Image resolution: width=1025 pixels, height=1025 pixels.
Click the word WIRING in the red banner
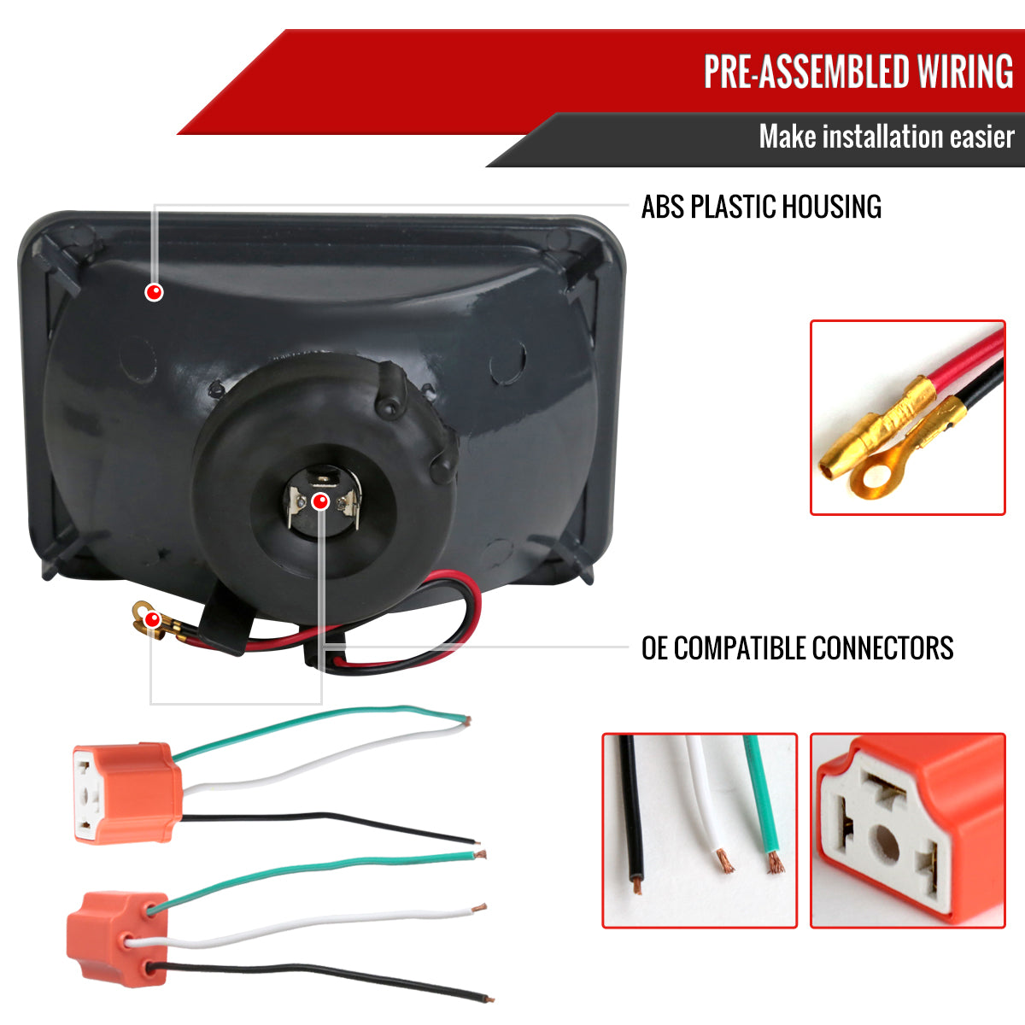coord(963,71)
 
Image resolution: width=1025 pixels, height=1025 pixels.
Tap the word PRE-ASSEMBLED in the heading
coord(806,71)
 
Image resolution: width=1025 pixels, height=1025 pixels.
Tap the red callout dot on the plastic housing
coord(155,292)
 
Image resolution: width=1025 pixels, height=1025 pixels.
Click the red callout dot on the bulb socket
coord(320,501)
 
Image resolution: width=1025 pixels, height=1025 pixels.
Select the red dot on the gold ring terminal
coord(153,619)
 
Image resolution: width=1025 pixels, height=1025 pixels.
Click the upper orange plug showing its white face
coord(126,793)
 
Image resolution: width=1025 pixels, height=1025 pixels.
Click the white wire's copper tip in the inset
coord(724,861)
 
